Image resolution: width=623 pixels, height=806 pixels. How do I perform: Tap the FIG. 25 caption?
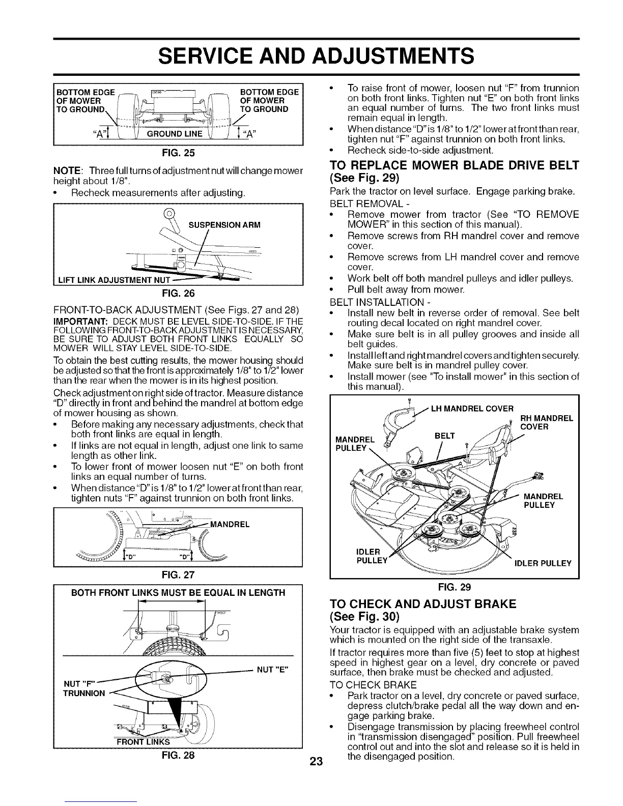[x=178, y=152]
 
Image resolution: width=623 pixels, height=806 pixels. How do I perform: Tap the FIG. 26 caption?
[x=178, y=293]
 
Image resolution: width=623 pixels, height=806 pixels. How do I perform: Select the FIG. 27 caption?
[x=178, y=574]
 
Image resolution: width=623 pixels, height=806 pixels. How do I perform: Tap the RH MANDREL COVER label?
[x=547, y=422]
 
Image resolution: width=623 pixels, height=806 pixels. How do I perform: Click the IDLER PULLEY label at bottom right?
[x=543, y=563]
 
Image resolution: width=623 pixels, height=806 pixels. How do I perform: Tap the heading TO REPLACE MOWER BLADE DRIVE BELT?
[x=455, y=165]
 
